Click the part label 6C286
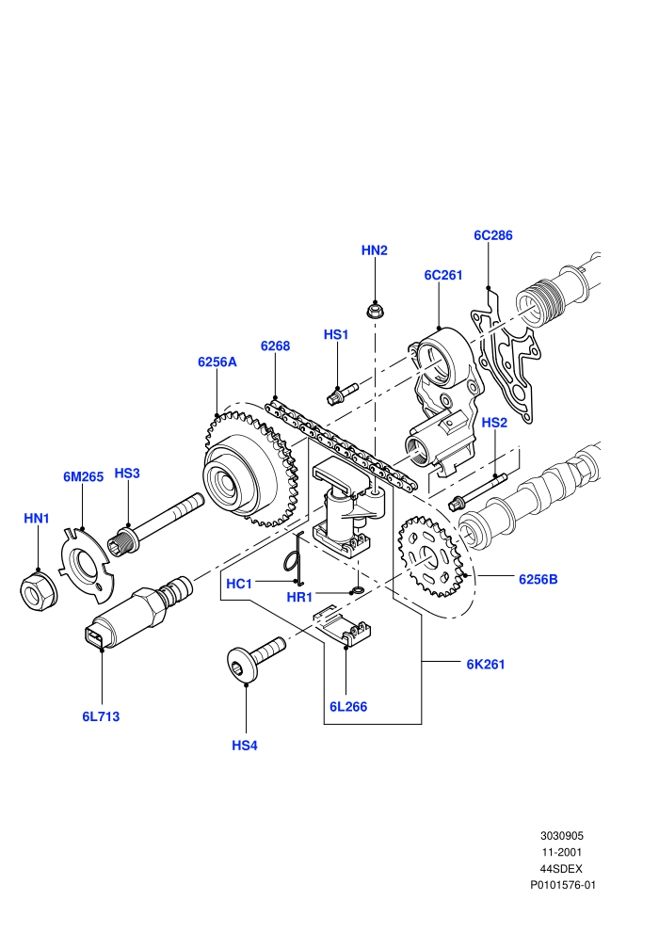[x=492, y=235]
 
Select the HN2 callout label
[x=375, y=250]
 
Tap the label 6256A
[x=217, y=362]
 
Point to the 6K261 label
[x=486, y=665]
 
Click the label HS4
[x=245, y=746]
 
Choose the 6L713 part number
[x=101, y=716]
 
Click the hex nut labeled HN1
[x=40, y=590]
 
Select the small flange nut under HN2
[x=374, y=311]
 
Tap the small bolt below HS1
[x=343, y=393]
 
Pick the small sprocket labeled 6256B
[x=429, y=557]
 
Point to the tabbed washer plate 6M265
[x=88, y=562]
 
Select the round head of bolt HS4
[x=242, y=665]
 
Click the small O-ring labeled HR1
[x=358, y=590]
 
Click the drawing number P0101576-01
[x=563, y=885]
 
